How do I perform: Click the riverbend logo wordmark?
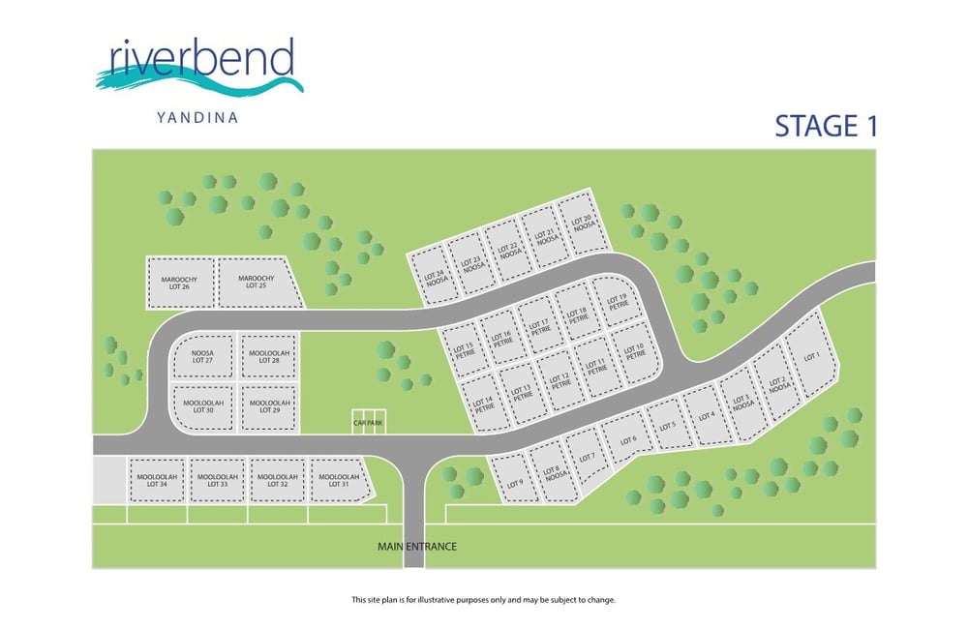click(x=201, y=60)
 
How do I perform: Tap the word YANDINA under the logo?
click(x=197, y=118)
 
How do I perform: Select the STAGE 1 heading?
click(x=826, y=127)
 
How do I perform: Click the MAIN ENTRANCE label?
click(x=417, y=547)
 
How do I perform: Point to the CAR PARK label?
click(x=368, y=423)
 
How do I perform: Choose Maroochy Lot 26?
click(x=179, y=283)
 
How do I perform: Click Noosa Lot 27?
click(x=202, y=356)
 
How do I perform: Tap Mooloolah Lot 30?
click(x=202, y=406)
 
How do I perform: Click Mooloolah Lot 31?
click(x=339, y=480)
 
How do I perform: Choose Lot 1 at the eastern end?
click(x=811, y=356)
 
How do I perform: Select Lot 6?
click(x=628, y=441)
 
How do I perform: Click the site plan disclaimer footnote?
click(x=483, y=600)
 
